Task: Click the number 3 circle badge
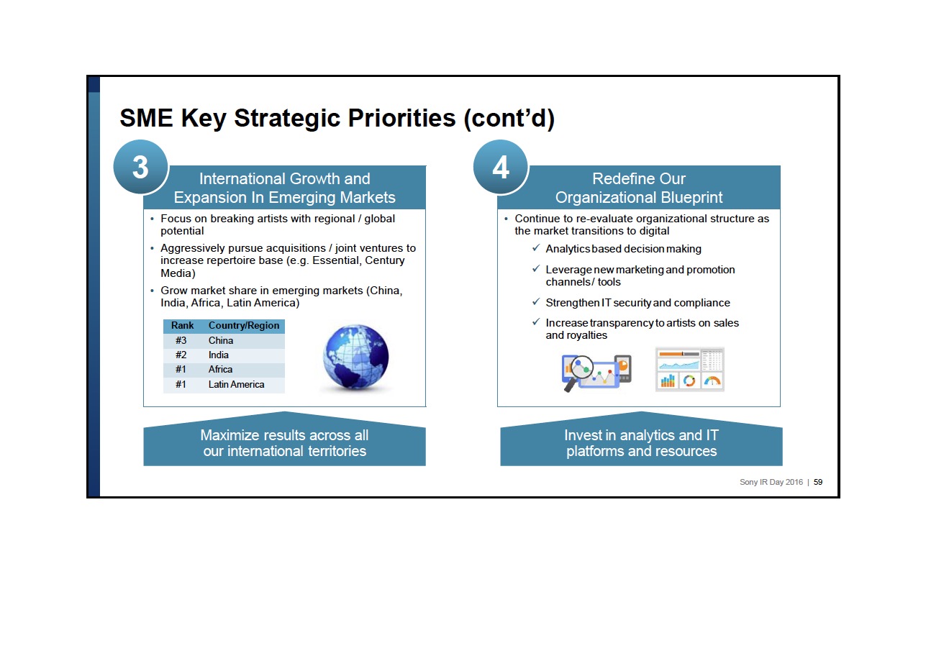point(140,167)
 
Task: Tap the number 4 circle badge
point(501,167)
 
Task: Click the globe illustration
point(355,357)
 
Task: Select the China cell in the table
point(221,341)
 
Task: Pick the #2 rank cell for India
point(181,355)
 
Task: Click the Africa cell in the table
point(220,370)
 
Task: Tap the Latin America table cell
point(236,384)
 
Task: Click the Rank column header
point(182,326)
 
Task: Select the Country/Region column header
point(244,326)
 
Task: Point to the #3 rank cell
point(181,341)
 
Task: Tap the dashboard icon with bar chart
point(689,370)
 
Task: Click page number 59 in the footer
point(817,482)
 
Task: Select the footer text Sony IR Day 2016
point(771,482)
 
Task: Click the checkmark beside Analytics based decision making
point(536,248)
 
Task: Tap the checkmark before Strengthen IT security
point(536,302)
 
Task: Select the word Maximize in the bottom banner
point(230,435)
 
